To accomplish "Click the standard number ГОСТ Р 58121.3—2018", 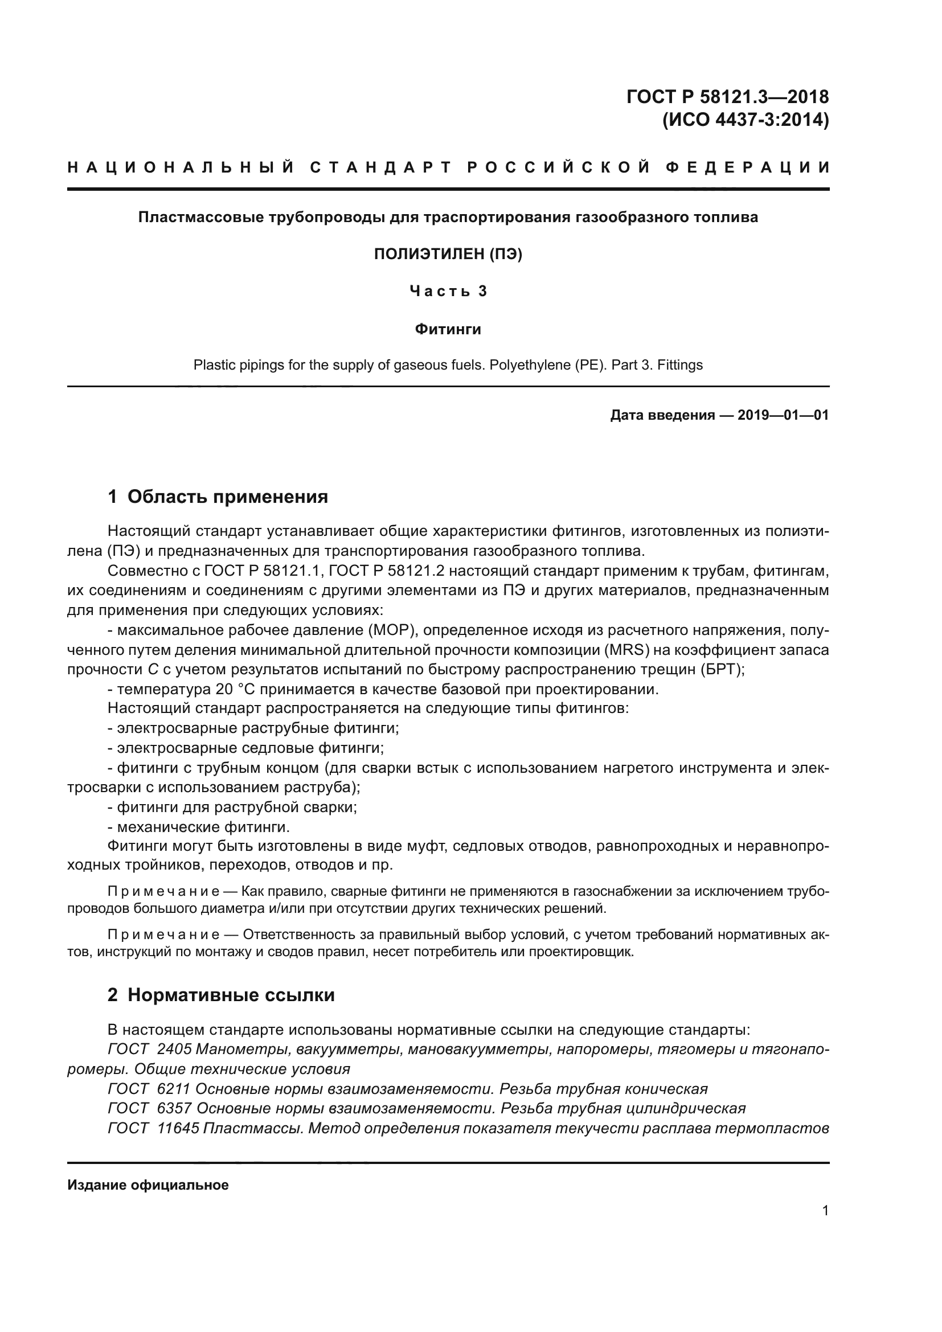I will click(x=727, y=97).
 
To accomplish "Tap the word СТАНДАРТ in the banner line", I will click(x=380, y=168).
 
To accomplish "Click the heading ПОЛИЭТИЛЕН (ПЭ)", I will click(x=448, y=254).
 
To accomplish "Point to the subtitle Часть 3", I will click(x=448, y=291).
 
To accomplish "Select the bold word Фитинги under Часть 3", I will click(x=448, y=330).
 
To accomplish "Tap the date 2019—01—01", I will click(x=783, y=415).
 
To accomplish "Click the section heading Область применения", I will click(x=227, y=497).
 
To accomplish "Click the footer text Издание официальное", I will click(x=148, y=1185).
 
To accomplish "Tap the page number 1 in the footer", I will click(x=825, y=1211).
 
